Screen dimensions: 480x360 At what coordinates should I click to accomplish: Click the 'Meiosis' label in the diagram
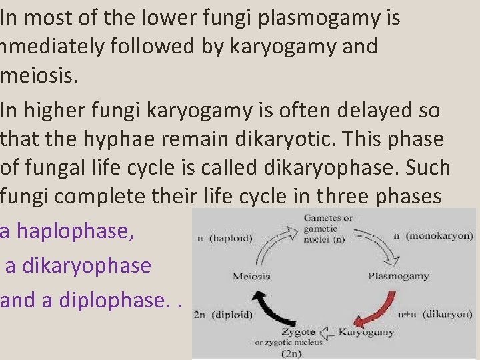(251, 275)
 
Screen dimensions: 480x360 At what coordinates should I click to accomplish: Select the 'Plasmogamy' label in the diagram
(398, 275)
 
